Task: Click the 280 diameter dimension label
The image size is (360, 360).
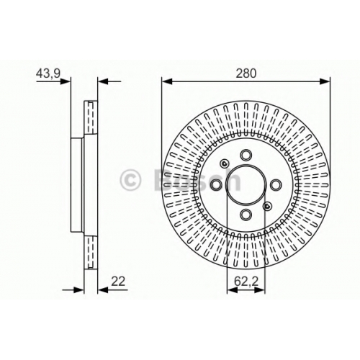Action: pos(246,73)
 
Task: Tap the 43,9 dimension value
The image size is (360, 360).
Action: pos(48,73)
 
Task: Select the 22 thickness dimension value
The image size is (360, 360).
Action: pos(118,281)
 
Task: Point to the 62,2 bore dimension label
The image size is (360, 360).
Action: pos(246,282)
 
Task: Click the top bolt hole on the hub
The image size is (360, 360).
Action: pos(246,155)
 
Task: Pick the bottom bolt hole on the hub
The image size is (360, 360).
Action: pos(246,214)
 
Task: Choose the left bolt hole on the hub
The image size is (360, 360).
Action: pos(217,184)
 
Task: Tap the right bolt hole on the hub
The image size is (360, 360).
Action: pos(276,184)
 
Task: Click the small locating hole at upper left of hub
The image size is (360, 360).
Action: pos(225,163)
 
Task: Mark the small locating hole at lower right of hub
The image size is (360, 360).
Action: pos(267,206)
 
